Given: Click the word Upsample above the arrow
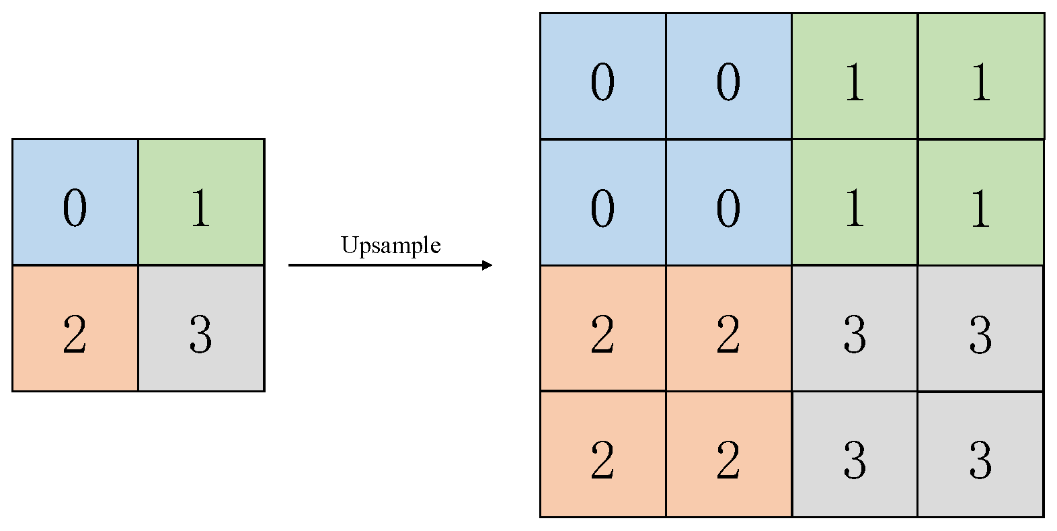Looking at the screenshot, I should point(391,245).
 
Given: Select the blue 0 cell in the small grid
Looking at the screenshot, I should point(75,202).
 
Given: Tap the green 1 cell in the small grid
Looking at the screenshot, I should point(201,202).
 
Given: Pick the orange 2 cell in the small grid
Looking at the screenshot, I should point(75,328).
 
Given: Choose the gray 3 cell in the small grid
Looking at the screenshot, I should point(201,328).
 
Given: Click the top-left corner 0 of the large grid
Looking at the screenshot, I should point(602,76).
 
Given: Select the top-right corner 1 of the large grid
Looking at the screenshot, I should point(980,76).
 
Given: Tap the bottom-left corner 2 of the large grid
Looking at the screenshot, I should point(602,454).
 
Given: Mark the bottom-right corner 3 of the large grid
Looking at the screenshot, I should point(980,454).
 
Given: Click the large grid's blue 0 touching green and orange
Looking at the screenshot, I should point(728,202).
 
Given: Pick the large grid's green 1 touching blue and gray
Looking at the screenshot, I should point(855,202).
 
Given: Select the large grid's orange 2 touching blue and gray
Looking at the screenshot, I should point(728,328).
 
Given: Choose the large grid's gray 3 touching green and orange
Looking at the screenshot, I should point(855,328).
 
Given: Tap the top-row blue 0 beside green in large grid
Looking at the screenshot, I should point(728,76).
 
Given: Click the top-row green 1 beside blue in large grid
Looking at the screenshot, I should point(855,76).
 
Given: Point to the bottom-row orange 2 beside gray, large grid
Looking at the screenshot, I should point(728,454).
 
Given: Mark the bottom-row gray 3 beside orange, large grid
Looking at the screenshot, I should point(855,454).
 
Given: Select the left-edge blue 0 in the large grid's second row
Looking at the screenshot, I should point(602,202).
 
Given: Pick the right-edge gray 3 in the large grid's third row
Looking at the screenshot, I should point(980,328).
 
